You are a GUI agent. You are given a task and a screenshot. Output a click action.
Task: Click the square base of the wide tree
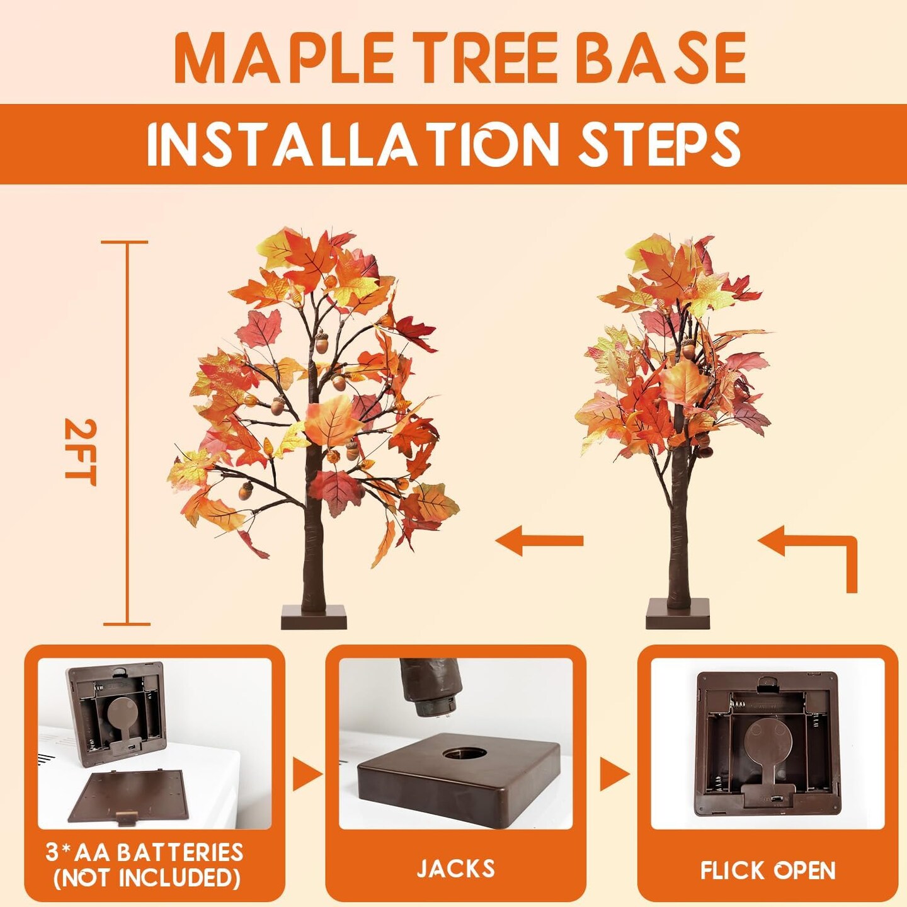tap(314, 617)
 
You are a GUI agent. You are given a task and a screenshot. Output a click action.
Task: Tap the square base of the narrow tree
tap(678, 613)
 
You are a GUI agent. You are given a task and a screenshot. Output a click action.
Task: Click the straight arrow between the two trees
tap(539, 540)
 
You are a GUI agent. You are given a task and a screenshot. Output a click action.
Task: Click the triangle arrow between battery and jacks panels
tap(307, 774)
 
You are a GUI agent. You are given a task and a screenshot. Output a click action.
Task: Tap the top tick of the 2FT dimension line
tap(125, 242)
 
